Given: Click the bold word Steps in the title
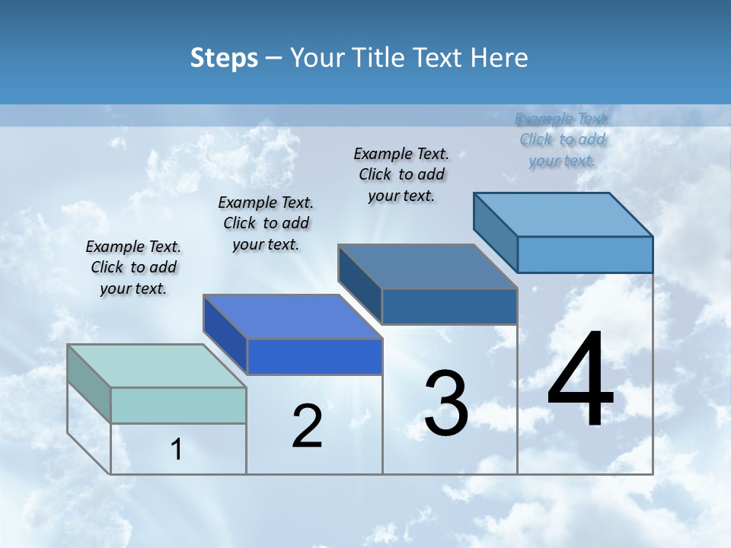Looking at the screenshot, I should [224, 58].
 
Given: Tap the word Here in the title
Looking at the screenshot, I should [500, 58].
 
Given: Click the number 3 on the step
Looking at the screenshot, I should [446, 403].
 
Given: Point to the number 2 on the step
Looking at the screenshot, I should [307, 426].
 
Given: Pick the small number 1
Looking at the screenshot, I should [177, 450].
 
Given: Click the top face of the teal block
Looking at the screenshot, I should [156, 366].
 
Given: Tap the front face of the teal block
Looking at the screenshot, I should [178, 405].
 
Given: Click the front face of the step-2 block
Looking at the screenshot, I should [314, 356].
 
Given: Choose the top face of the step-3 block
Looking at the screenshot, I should [427, 266].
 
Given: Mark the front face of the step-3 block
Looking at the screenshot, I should [449, 306].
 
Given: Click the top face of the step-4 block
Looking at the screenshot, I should [563, 215].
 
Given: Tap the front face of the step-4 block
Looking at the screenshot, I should [585, 254].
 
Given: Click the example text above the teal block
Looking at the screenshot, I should [133, 267].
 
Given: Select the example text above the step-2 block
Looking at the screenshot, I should [266, 223].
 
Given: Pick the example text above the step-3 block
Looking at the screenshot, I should [401, 174].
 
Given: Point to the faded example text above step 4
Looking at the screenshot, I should [562, 139].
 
